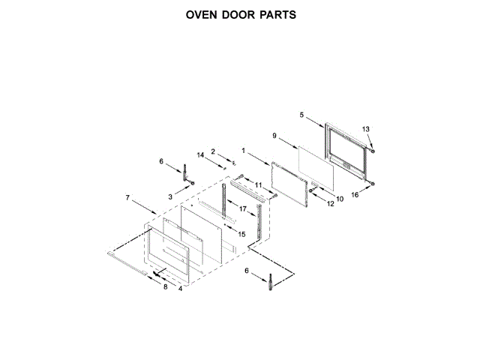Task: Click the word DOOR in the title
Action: point(241,15)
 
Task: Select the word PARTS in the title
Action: point(279,15)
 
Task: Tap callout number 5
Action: point(301,115)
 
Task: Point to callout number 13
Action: point(366,129)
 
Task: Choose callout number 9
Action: point(274,136)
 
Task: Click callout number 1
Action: point(244,150)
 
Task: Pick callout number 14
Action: point(200,154)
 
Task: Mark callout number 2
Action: point(213,151)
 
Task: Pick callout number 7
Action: point(127,197)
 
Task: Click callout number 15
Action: point(241,234)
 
